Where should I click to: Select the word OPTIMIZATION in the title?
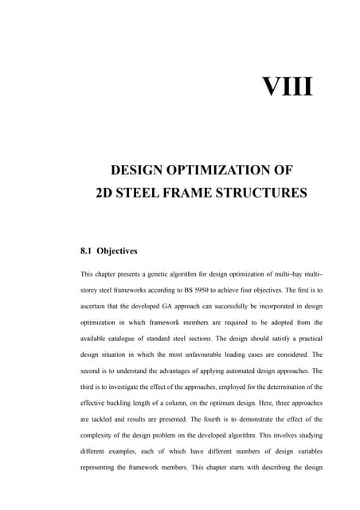209,169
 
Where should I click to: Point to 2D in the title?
105,192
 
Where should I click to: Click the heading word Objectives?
119,251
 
